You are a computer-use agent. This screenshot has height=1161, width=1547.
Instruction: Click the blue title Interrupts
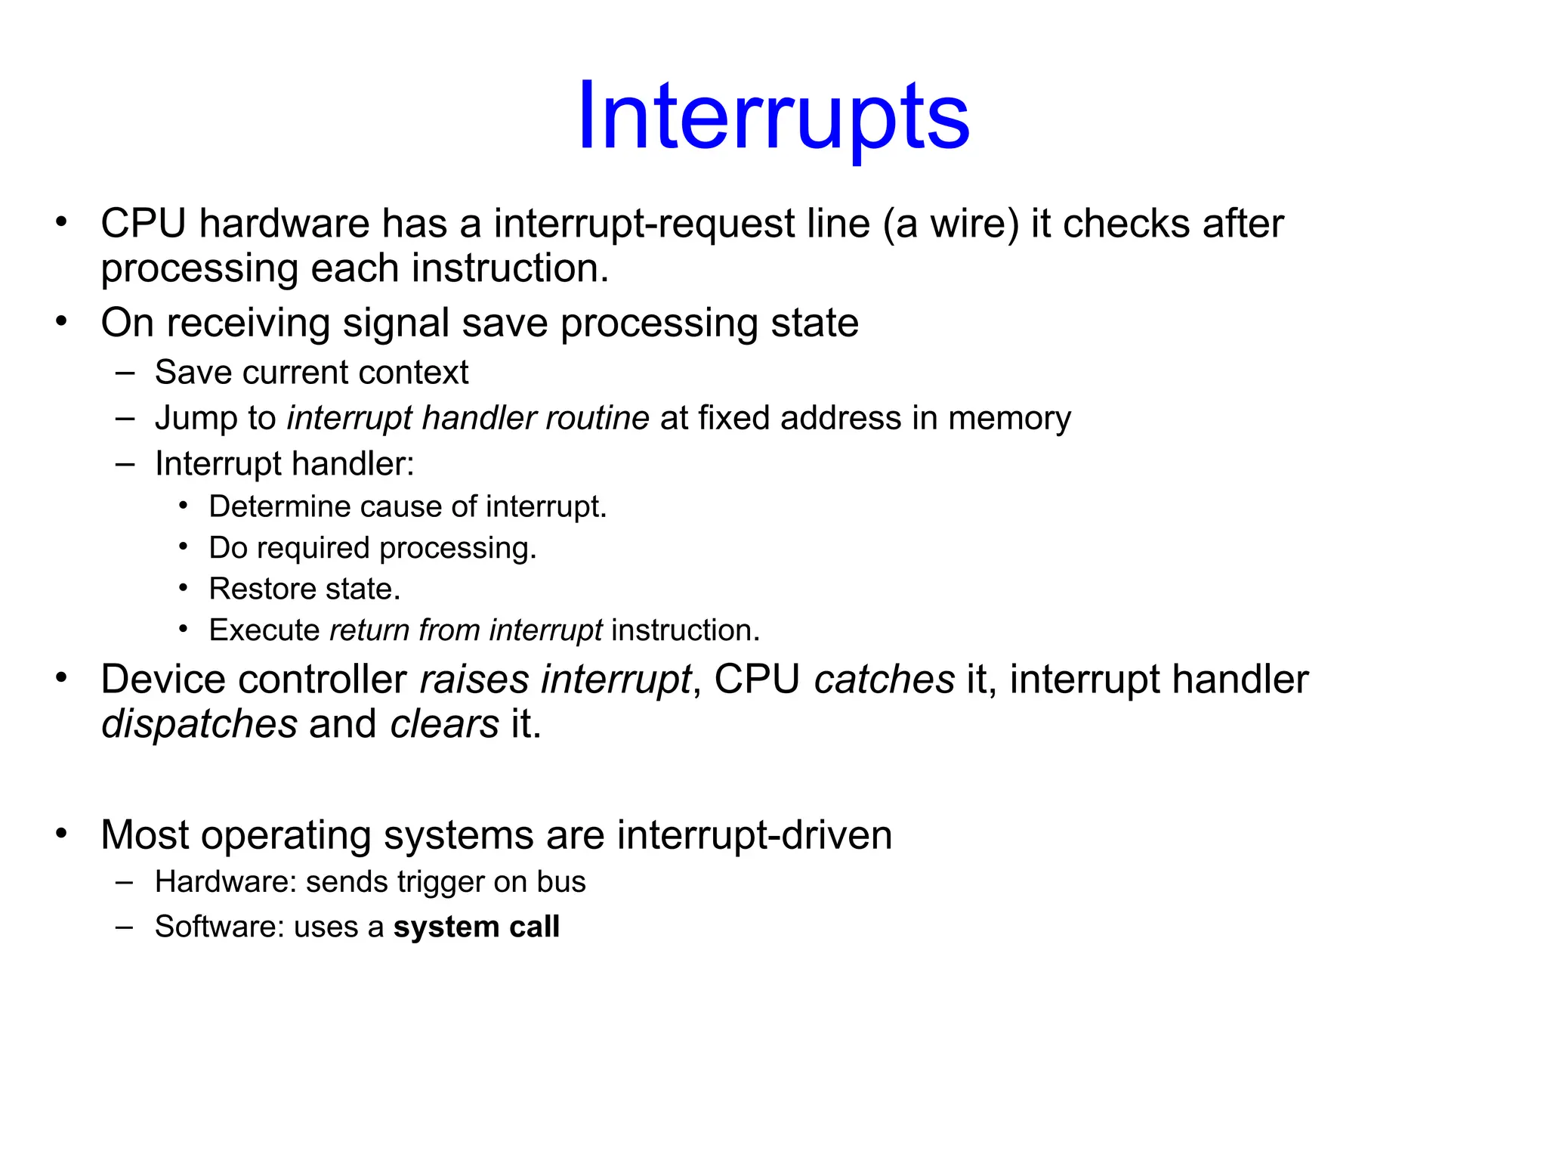[x=773, y=118]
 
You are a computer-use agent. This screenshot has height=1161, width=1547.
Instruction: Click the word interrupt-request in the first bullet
[x=644, y=224]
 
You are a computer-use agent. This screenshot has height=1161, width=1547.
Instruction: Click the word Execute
[x=264, y=630]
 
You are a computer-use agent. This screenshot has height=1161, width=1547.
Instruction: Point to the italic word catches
[x=884, y=680]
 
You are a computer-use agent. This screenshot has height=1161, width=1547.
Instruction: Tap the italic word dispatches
[x=199, y=724]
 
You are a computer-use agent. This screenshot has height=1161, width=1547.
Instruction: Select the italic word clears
[x=444, y=724]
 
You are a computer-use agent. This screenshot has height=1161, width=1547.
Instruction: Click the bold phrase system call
[x=476, y=927]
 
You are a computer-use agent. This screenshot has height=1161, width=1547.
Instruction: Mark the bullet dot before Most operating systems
[x=61, y=834]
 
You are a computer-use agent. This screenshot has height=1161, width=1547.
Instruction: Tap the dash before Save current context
[x=125, y=373]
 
